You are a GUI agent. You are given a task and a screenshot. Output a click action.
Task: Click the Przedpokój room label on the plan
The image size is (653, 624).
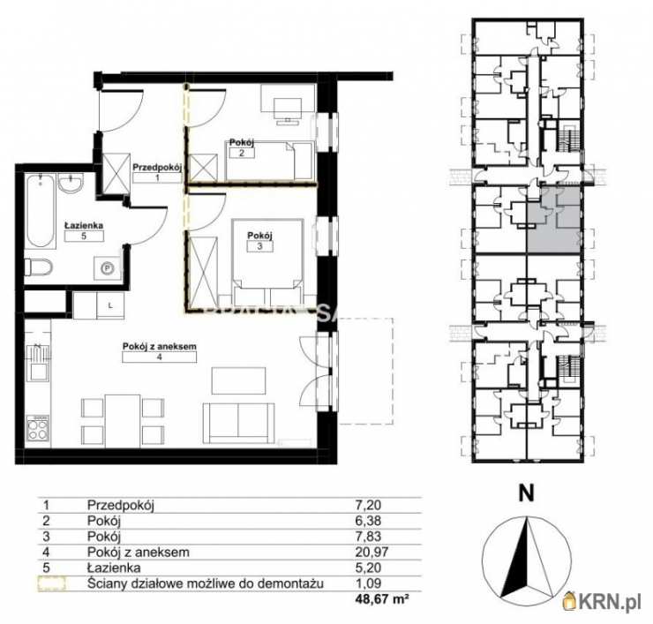156,166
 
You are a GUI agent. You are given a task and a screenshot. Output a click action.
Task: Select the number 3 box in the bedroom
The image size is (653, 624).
259,246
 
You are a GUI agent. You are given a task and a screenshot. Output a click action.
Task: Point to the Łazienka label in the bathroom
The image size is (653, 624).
83,226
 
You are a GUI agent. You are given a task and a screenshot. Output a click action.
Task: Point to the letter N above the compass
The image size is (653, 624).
526,495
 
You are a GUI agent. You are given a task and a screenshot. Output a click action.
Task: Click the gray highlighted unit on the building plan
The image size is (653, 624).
554,220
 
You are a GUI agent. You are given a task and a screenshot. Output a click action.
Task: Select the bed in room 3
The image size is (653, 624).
268,256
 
